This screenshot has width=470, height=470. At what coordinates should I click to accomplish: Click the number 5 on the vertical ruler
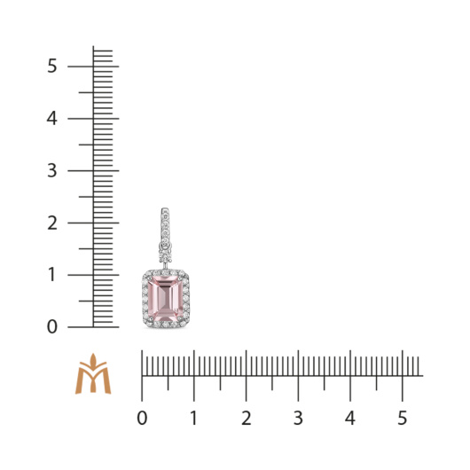[51, 66]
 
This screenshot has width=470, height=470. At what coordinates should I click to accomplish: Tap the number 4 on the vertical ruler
[51, 119]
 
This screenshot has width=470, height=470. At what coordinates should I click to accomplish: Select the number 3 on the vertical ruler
[51, 170]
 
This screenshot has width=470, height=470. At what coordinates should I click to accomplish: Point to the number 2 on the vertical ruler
[52, 223]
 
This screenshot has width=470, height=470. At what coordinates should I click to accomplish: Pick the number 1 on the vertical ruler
[52, 275]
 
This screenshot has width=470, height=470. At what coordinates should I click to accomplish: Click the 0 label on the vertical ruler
[51, 326]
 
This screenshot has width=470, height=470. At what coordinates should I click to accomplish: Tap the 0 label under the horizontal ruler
[142, 418]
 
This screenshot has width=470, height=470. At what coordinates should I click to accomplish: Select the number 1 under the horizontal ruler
[194, 418]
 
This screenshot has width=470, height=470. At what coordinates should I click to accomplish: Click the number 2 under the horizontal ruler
[247, 418]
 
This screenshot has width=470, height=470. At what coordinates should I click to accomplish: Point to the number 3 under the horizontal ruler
[298, 418]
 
